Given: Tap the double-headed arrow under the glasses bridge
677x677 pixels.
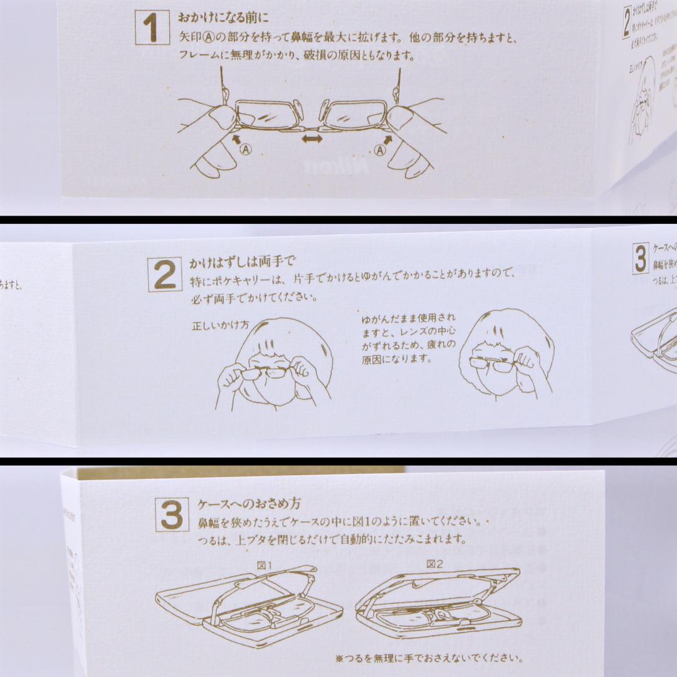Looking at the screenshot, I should (x=312, y=139).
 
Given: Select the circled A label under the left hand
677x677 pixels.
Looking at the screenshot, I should (x=246, y=149).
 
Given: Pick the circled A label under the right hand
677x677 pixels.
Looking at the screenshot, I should (x=380, y=149).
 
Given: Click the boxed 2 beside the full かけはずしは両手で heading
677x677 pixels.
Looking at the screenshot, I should (x=165, y=275).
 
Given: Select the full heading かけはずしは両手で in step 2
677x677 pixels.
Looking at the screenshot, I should (x=241, y=263).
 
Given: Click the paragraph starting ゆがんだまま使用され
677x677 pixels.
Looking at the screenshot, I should (x=408, y=338).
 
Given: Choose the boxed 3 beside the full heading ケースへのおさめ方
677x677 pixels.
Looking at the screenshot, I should (x=171, y=515).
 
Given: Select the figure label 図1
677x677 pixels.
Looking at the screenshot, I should (x=265, y=565).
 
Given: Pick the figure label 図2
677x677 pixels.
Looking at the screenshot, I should (x=434, y=564).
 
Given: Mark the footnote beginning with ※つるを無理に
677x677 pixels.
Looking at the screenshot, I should (x=429, y=658).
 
